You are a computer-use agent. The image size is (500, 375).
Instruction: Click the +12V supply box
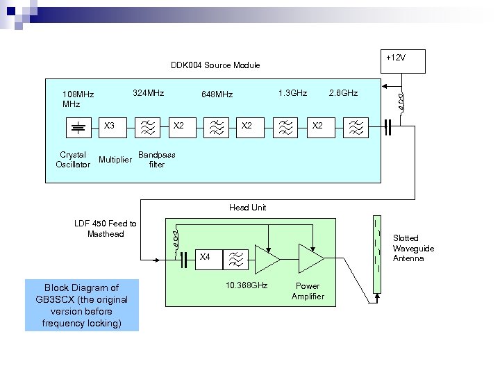(401, 60)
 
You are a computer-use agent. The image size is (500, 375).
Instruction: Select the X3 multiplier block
(109, 126)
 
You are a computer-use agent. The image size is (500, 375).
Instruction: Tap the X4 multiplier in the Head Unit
(205, 258)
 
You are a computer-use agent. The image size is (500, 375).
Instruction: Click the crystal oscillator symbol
(79, 126)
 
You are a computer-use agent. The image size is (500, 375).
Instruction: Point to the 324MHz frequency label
(148, 92)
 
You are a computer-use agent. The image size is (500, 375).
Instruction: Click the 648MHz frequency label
(217, 94)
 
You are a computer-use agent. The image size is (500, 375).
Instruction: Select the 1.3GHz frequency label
(292, 92)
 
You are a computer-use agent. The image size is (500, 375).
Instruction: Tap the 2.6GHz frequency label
(343, 92)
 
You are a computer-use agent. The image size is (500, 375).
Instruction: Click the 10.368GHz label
(247, 285)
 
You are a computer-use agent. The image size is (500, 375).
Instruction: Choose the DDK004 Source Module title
(215, 65)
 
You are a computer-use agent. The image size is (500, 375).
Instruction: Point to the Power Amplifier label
(308, 291)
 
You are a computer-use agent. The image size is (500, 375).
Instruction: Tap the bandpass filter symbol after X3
(147, 126)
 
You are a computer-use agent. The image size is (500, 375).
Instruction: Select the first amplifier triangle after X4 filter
(266, 258)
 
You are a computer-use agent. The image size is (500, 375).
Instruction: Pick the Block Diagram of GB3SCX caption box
(82, 306)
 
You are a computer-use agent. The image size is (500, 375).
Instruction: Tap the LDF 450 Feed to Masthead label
(106, 228)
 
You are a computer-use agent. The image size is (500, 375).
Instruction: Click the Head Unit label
(247, 208)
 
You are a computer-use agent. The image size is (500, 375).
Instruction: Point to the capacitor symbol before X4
(184, 260)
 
